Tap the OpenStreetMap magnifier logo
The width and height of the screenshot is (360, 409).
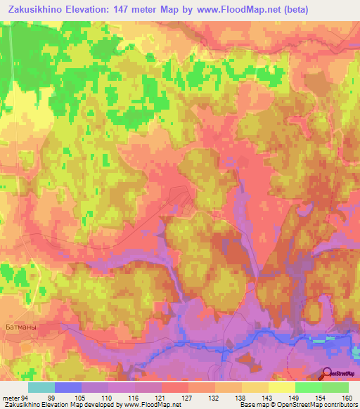click(328, 375)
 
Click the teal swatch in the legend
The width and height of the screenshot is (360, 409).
click(41, 387)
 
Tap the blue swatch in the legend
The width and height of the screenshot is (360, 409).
click(68, 387)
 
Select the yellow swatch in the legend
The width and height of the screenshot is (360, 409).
click(282, 387)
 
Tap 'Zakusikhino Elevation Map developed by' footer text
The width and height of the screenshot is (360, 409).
click(53, 405)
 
